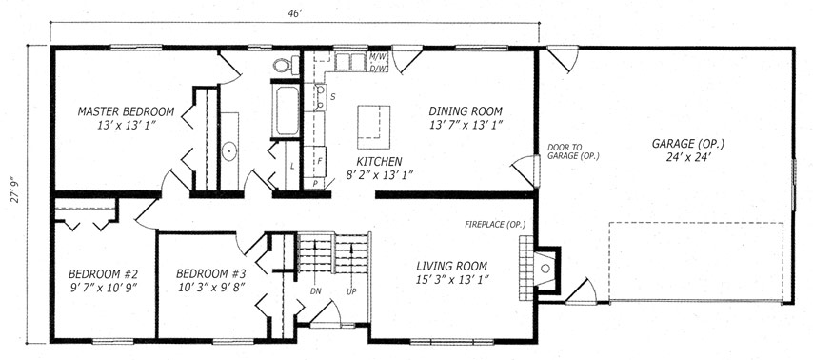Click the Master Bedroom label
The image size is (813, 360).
tap(126, 111)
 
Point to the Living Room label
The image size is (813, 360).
tap(452, 266)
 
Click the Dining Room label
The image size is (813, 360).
tap(466, 111)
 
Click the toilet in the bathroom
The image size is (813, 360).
tap(287, 65)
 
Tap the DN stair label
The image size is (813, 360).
tap(316, 291)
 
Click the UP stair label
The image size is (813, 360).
tap(351, 291)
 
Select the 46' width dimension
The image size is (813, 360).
tap(295, 14)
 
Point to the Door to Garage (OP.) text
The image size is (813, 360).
tap(573, 150)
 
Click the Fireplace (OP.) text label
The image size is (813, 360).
tap(495, 225)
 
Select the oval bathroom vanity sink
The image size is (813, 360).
tap(228, 151)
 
